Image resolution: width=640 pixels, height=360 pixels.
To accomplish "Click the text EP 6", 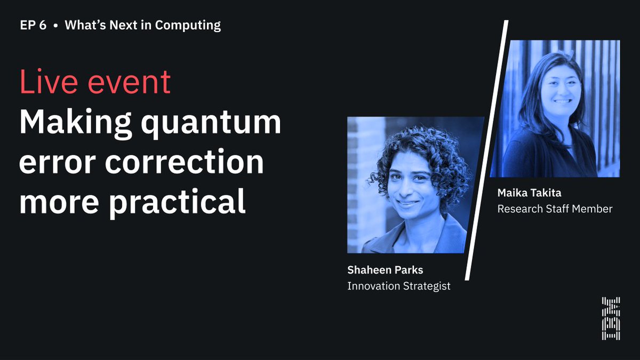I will click(33, 25).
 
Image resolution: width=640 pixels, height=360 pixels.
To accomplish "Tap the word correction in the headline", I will click(184, 162).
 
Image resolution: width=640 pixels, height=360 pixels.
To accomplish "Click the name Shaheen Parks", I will click(385, 270).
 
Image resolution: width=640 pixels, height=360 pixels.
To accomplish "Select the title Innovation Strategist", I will click(399, 286).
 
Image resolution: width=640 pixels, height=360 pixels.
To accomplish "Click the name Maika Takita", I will click(529, 193).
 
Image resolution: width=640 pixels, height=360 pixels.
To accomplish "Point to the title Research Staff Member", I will click(555, 209).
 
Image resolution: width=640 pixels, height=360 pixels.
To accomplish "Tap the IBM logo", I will click(611, 318).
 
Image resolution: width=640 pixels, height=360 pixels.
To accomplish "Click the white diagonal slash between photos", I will click(486, 149).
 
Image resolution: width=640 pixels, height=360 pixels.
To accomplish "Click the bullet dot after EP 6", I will click(55, 25).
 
